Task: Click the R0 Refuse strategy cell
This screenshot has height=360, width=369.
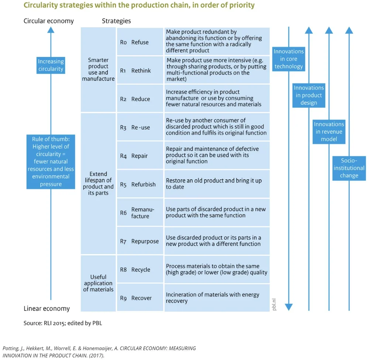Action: click(x=140, y=42)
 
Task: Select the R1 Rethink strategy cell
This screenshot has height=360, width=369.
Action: click(x=140, y=71)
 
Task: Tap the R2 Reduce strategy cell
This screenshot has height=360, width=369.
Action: click(x=140, y=99)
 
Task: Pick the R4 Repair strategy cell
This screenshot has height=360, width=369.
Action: click(x=140, y=156)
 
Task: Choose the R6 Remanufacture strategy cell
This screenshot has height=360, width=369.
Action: click(x=140, y=213)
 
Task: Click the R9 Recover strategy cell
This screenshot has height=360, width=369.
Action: click(x=140, y=298)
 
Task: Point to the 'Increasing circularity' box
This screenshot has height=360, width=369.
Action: click(x=51, y=65)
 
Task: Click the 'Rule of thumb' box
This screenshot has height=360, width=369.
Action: click(x=51, y=161)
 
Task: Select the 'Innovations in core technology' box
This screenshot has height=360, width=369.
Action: click(x=288, y=59)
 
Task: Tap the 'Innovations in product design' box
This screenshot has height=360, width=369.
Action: click(x=309, y=95)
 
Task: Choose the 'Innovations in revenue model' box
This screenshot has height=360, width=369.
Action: click(x=329, y=132)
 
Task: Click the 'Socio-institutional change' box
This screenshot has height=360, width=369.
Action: click(x=349, y=168)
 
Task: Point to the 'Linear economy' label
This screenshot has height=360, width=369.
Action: click(x=46, y=308)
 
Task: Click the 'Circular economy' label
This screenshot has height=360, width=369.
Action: click(x=49, y=21)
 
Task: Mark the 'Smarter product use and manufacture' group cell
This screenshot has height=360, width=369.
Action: click(x=98, y=69)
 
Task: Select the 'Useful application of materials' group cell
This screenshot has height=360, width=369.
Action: click(x=98, y=283)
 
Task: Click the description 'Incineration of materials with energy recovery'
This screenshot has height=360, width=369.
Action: click(x=213, y=298)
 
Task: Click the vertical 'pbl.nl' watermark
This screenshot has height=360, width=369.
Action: click(x=275, y=304)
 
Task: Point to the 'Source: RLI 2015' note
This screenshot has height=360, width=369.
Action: click(x=63, y=323)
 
